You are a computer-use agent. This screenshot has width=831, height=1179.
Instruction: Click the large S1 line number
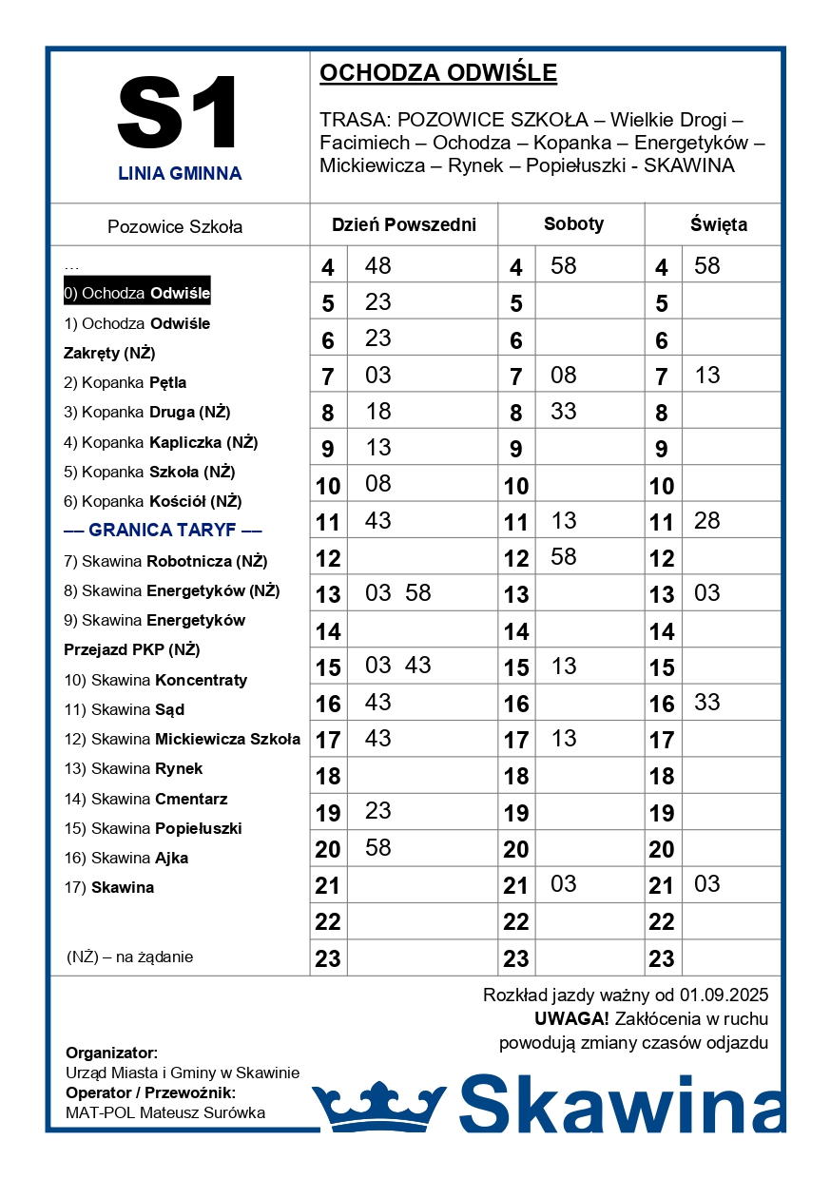(x=180, y=112)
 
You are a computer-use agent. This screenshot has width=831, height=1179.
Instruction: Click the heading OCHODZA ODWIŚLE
(x=438, y=73)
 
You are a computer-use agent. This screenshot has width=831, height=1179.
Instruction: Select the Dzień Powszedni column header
(x=403, y=225)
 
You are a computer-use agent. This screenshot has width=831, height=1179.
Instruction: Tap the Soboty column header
(x=573, y=224)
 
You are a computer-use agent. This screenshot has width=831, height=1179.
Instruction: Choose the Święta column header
(x=718, y=225)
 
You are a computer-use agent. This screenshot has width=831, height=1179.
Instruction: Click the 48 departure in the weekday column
(x=377, y=266)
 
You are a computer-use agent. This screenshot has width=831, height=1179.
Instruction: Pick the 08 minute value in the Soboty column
(x=563, y=376)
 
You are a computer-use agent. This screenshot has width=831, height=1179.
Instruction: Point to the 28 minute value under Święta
(x=706, y=521)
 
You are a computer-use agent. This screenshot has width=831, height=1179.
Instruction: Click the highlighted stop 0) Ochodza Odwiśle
(x=137, y=293)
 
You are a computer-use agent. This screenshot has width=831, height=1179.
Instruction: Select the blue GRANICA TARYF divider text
(x=163, y=531)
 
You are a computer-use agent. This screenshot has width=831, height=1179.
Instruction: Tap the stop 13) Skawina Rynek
(x=133, y=768)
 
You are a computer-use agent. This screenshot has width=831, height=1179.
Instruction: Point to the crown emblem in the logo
(x=379, y=1106)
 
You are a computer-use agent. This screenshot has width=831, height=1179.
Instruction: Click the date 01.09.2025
(x=724, y=995)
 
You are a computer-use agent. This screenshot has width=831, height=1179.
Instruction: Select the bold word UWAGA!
(x=571, y=1019)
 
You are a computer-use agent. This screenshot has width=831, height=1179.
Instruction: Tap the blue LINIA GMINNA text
(x=180, y=174)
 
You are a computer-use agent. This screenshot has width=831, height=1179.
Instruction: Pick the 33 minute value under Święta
(x=706, y=703)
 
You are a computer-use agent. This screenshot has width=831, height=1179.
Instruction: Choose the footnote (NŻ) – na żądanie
(x=130, y=957)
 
